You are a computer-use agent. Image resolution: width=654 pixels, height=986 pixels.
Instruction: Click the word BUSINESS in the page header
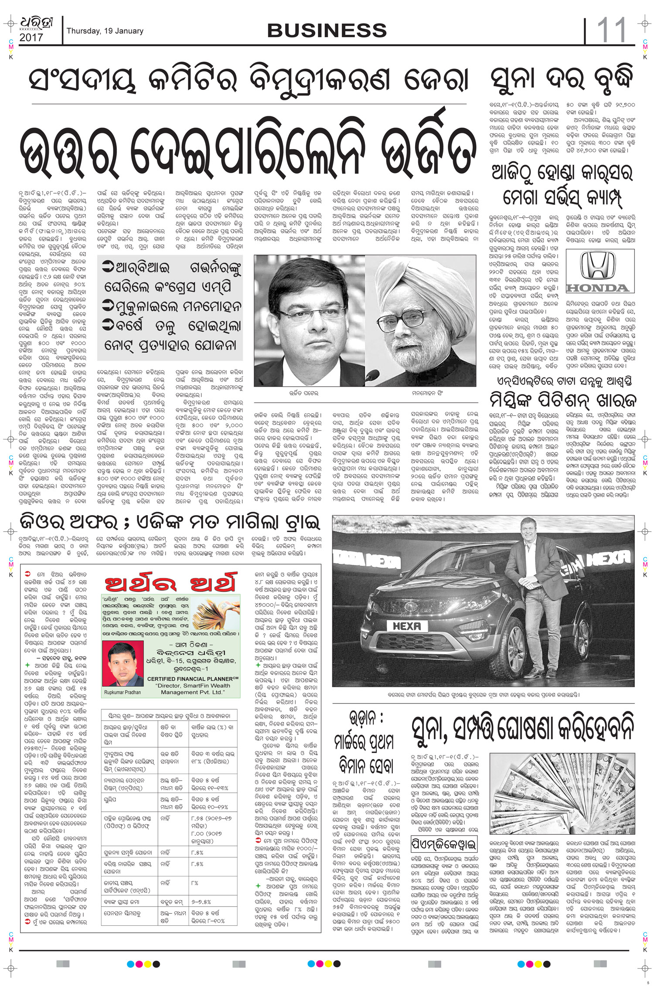click(x=327, y=31)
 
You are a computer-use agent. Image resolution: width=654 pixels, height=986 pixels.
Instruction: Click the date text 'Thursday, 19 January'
click(x=105, y=31)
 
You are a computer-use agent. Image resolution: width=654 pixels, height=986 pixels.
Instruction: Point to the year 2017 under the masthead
click(x=31, y=38)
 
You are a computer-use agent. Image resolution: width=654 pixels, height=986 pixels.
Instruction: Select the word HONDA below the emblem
click(x=597, y=288)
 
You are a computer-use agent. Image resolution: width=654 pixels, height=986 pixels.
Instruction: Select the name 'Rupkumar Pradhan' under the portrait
click(x=123, y=692)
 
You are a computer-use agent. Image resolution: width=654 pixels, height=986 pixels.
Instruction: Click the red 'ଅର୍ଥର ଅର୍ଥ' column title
click(x=170, y=583)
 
